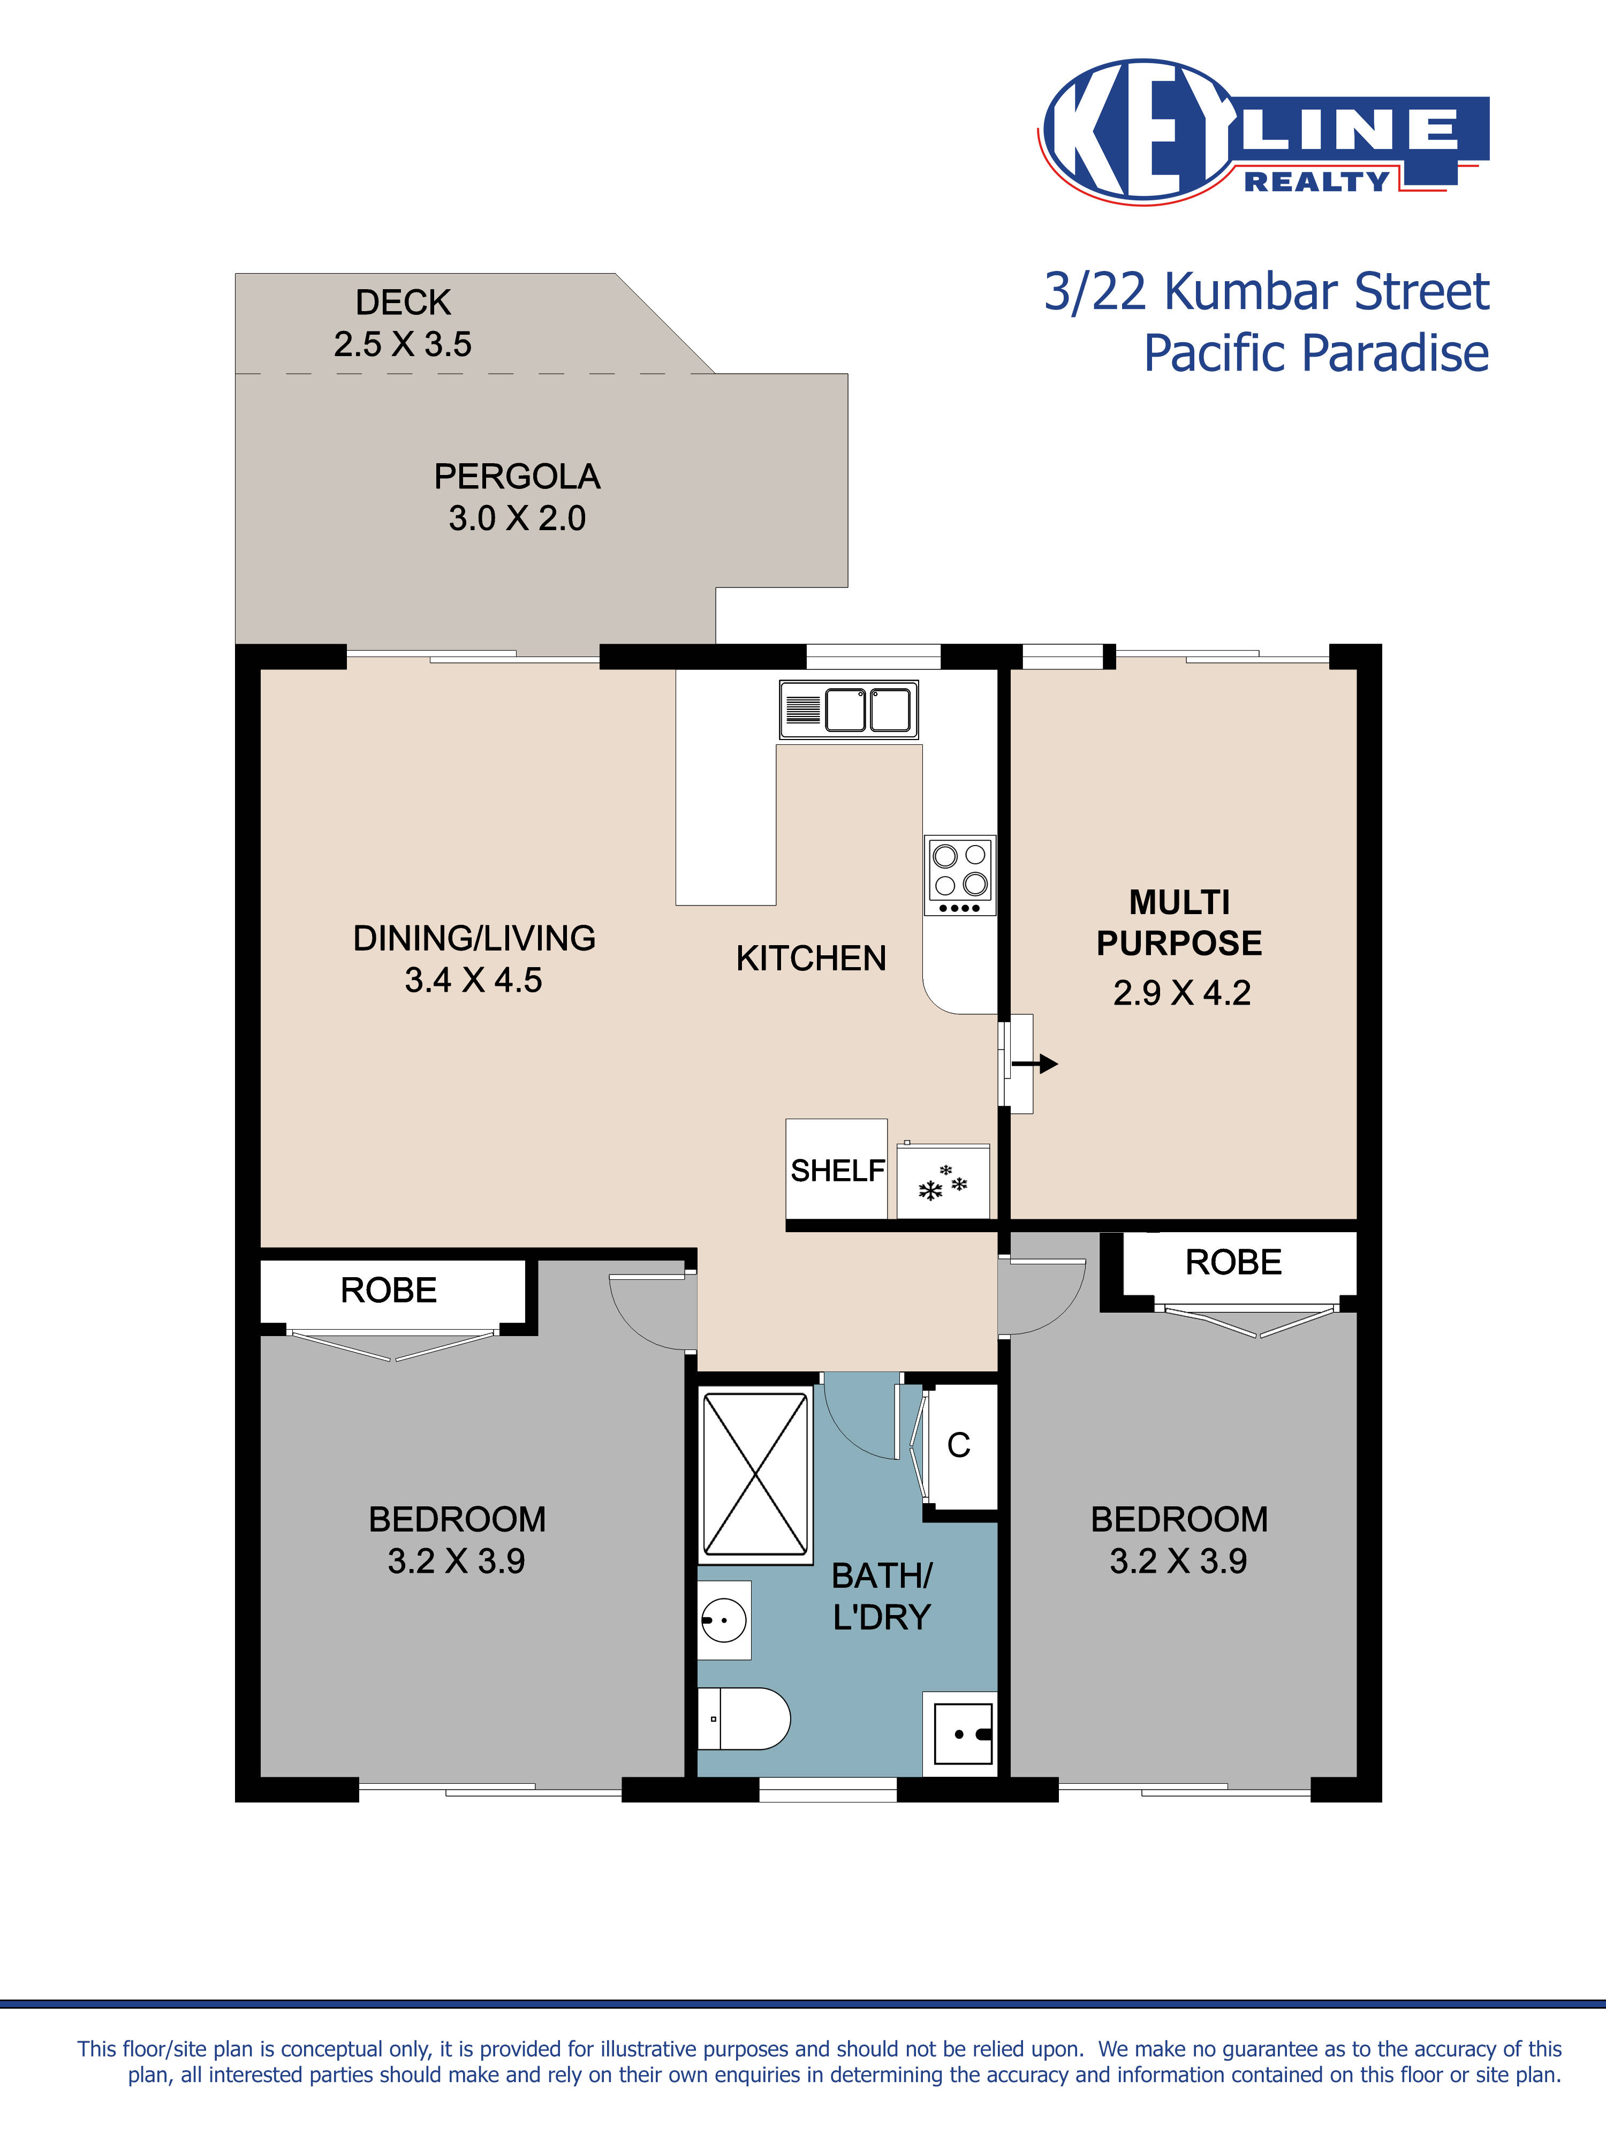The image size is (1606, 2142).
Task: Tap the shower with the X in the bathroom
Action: pyautogui.click(x=755, y=1473)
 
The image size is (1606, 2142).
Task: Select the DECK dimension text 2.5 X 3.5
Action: pyautogui.click(x=403, y=345)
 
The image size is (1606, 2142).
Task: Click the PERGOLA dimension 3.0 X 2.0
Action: pyautogui.click(x=517, y=519)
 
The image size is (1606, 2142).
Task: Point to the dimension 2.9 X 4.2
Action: pyautogui.click(x=1181, y=993)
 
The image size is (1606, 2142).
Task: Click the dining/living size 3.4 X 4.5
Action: pyautogui.click(x=473, y=980)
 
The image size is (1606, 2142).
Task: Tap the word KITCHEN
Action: pyautogui.click(x=810, y=959)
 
